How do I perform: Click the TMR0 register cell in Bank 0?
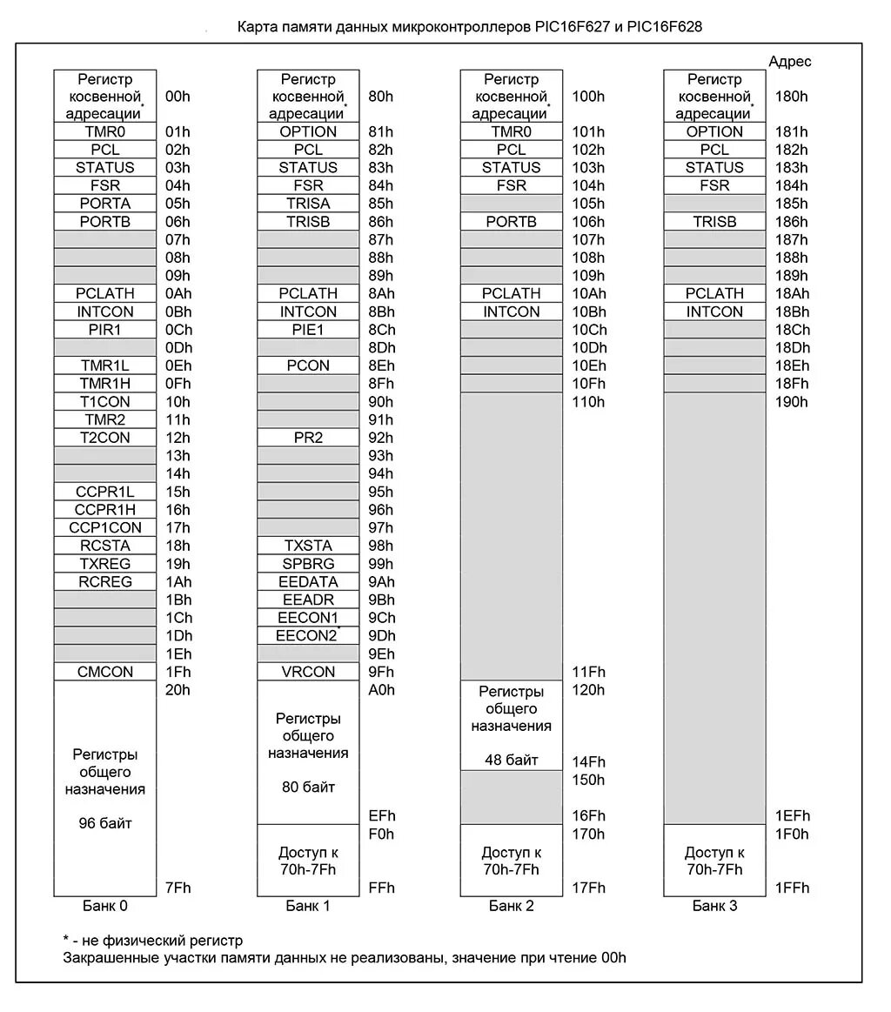tap(105, 131)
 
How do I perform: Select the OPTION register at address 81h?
tap(308, 131)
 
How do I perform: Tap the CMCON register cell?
tap(105, 672)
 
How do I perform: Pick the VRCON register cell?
tap(308, 672)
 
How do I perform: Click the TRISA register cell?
tap(308, 204)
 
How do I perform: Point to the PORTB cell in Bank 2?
tap(512, 222)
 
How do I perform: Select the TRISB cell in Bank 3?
tap(714, 222)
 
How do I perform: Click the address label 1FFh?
tap(792, 888)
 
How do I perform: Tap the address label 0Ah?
tap(178, 293)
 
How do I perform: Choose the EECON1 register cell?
tap(308, 618)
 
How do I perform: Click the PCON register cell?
tap(308, 365)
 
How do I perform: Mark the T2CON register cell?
tap(105, 438)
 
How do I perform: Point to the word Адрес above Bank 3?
tap(790, 61)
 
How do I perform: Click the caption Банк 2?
tap(512, 906)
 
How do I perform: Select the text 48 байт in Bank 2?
tap(512, 760)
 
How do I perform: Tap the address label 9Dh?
tap(381, 636)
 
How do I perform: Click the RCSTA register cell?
tap(105, 546)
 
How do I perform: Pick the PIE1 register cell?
tap(308, 330)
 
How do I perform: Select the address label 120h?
tap(588, 690)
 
